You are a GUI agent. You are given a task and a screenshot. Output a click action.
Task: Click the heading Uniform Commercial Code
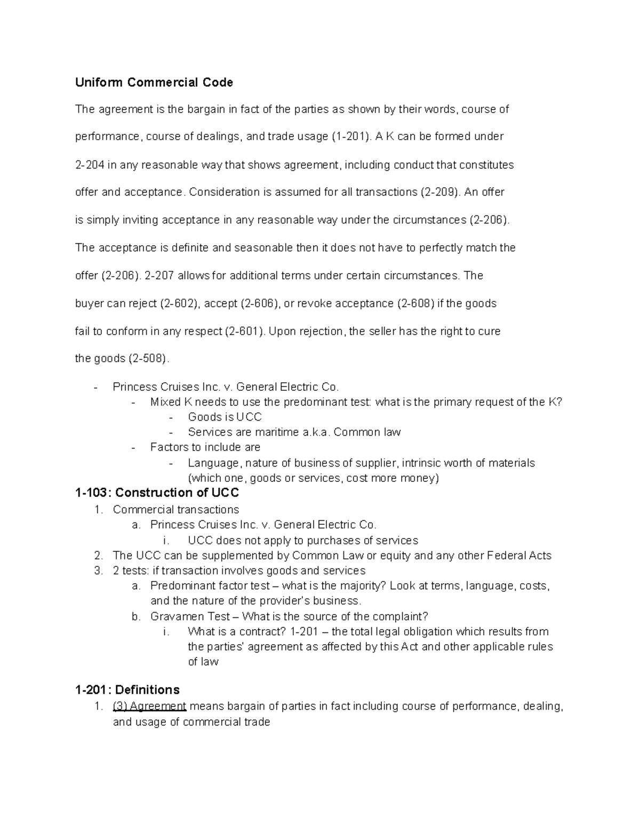154,82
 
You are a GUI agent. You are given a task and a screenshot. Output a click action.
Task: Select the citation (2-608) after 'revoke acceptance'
415,303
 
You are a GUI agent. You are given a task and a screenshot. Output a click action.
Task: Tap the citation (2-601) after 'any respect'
244,331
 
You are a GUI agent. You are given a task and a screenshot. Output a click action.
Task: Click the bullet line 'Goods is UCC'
225,417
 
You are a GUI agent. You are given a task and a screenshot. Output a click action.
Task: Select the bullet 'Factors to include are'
205,447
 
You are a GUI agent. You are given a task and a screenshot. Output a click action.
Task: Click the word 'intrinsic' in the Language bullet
422,463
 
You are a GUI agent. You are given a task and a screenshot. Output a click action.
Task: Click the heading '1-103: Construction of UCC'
157,493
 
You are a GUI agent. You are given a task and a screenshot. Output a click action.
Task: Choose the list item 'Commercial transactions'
175,509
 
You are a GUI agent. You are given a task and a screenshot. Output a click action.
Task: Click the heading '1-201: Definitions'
127,689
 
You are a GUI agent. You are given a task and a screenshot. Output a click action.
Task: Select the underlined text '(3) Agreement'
149,706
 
